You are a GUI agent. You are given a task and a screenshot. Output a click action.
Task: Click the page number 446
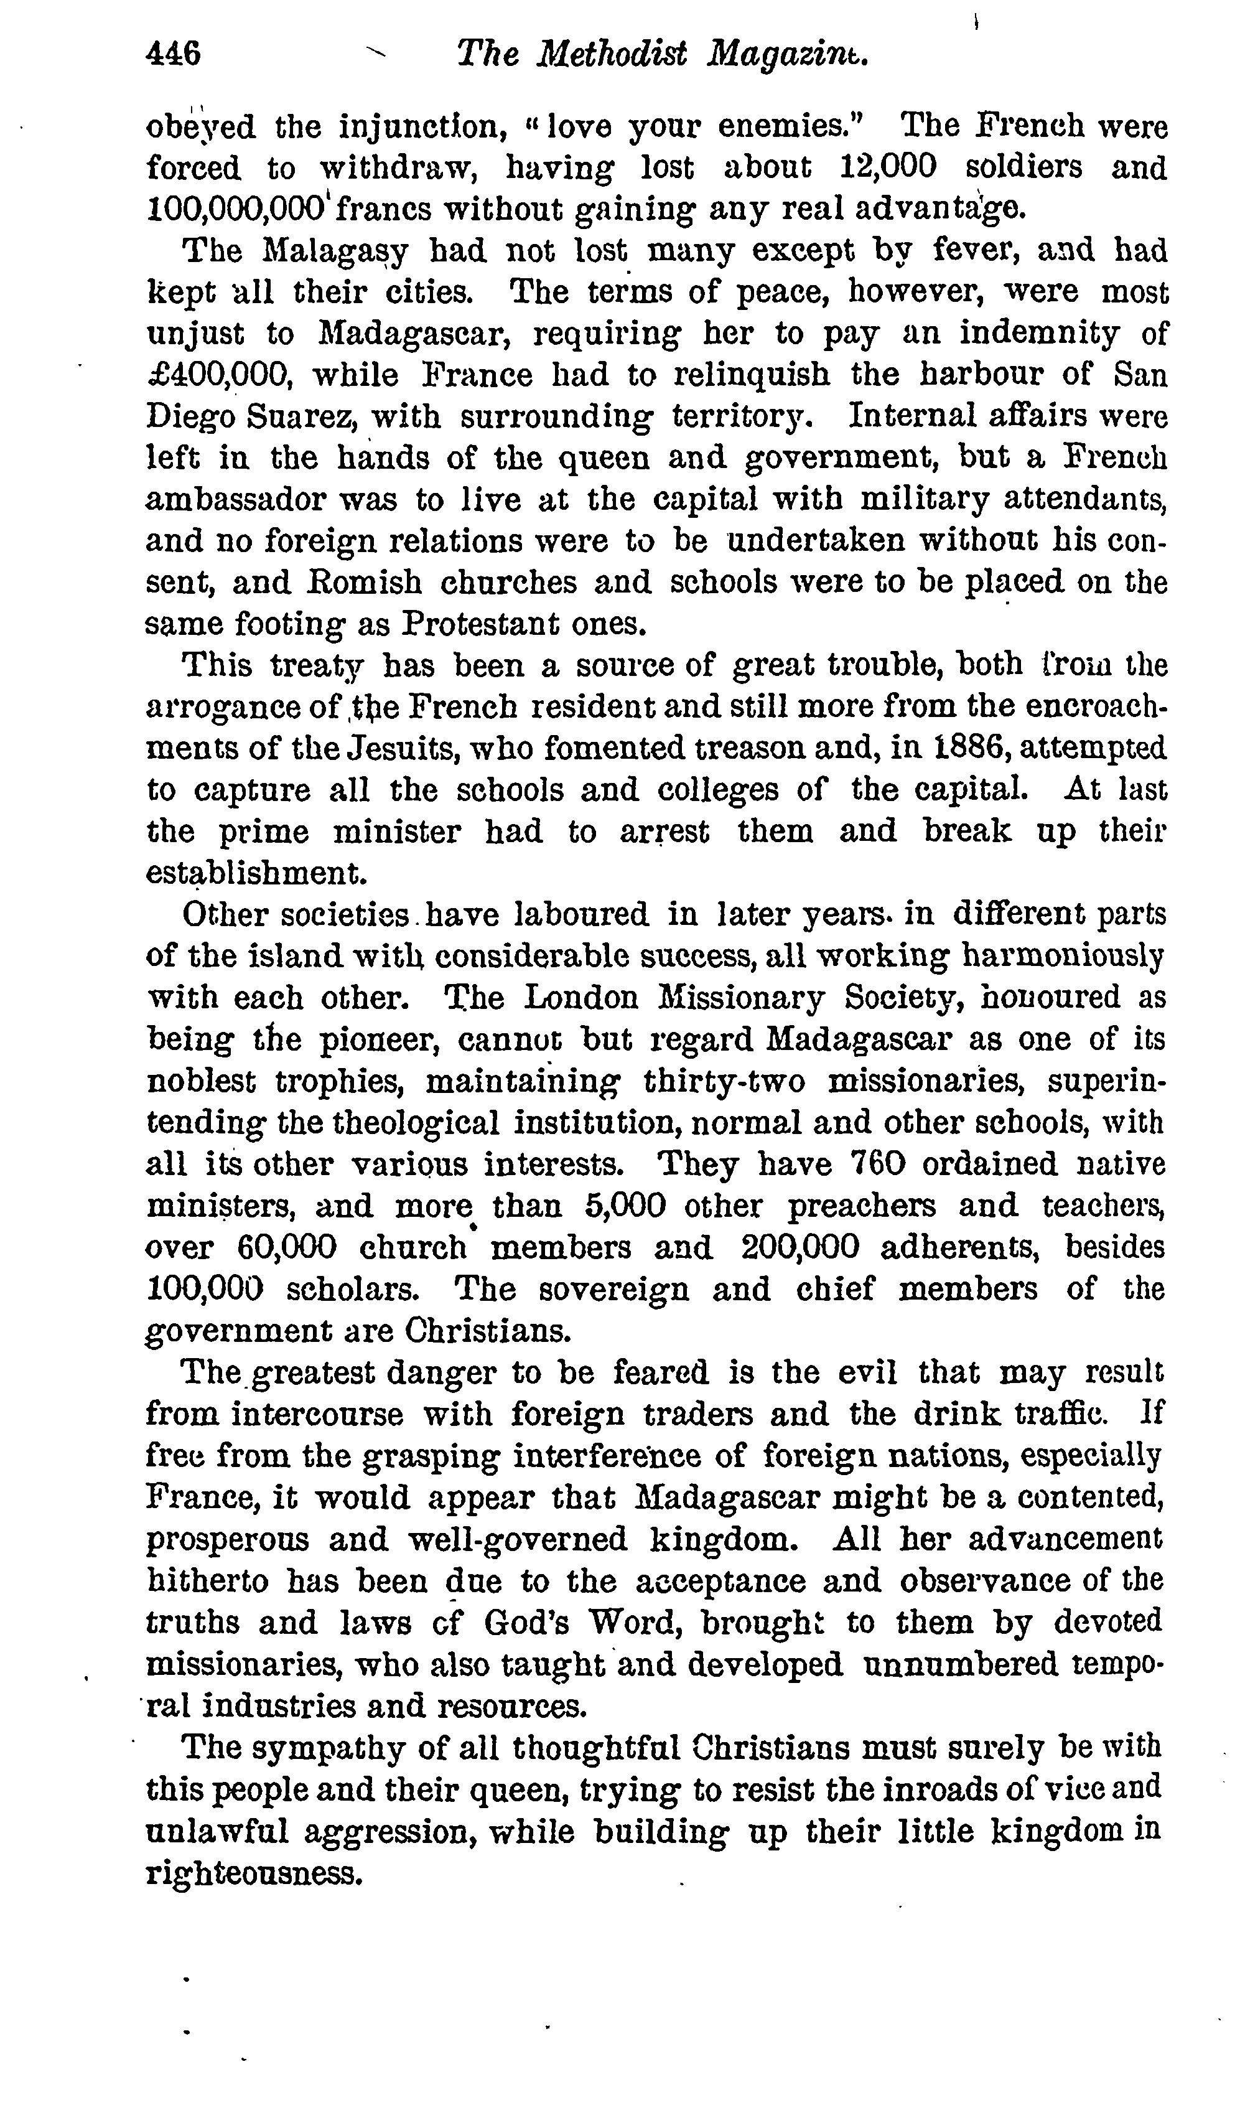(173, 55)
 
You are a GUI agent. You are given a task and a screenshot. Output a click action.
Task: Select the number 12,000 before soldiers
(887, 167)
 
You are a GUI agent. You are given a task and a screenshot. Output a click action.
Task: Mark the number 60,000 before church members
(287, 1247)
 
